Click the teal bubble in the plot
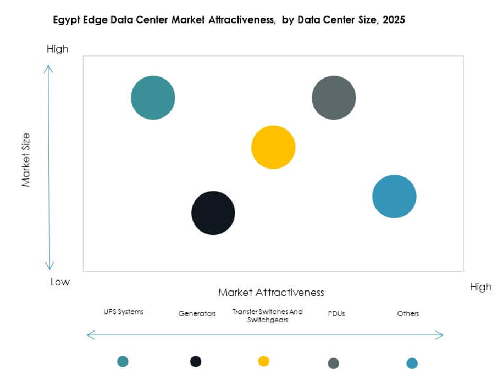tap(153, 98)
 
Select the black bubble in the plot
tap(213, 213)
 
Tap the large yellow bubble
tap(273, 147)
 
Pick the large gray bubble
tap(334, 98)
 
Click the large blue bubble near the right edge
tap(394, 197)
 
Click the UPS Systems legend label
tap(123, 312)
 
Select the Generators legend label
tap(197, 314)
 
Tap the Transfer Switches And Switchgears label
tap(267, 316)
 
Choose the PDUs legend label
tap(336, 314)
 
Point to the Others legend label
tap(408, 314)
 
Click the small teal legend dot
tap(123, 361)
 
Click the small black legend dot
tap(196, 361)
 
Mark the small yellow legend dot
tap(264, 361)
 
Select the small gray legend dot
tap(333, 363)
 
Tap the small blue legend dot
tap(412, 363)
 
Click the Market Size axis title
tap(26, 160)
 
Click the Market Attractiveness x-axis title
tap(271, 293)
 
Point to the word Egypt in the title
tap(65, 20)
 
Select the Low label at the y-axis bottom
tap(60, 282)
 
